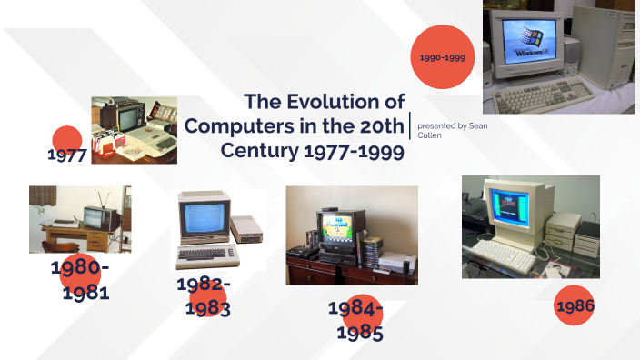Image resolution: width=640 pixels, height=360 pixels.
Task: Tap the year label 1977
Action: pos(66,155)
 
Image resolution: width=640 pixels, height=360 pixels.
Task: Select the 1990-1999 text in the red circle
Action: pos(443,57)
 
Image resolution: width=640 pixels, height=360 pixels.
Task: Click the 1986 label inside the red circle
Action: pos(575,307)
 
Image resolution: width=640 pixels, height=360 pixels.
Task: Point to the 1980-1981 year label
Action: pos(80,280)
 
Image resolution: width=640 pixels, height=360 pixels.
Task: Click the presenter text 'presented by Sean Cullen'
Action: pos(451,129)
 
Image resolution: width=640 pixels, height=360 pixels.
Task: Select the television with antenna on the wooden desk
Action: pos(95,216)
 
